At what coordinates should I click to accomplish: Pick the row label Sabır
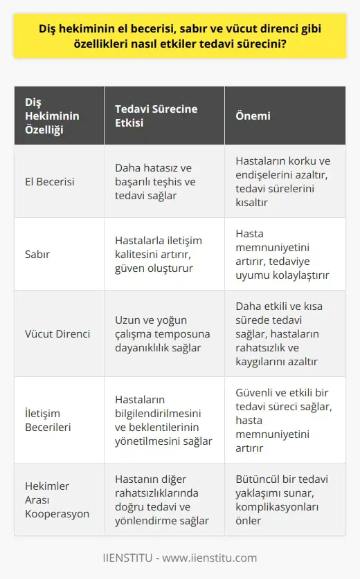[x=38, y=254]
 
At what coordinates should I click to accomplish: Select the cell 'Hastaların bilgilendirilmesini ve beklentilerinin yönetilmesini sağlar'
[x=163, y=420]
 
